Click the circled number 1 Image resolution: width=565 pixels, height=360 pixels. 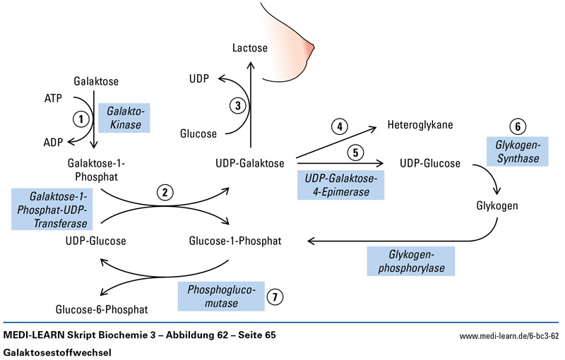83,119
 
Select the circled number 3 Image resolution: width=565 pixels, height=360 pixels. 239,106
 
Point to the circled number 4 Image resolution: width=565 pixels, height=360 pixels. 340,127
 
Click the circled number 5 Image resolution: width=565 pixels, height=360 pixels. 356,151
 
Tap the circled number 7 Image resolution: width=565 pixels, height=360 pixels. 275,297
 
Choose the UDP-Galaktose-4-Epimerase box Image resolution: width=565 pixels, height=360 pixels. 341,185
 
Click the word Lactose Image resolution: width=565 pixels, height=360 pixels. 251,48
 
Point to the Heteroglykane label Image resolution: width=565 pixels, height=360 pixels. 420,126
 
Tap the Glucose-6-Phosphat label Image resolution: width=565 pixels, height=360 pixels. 101,309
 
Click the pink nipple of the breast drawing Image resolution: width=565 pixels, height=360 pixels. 308,48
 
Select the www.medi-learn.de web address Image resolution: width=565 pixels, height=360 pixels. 509,336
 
